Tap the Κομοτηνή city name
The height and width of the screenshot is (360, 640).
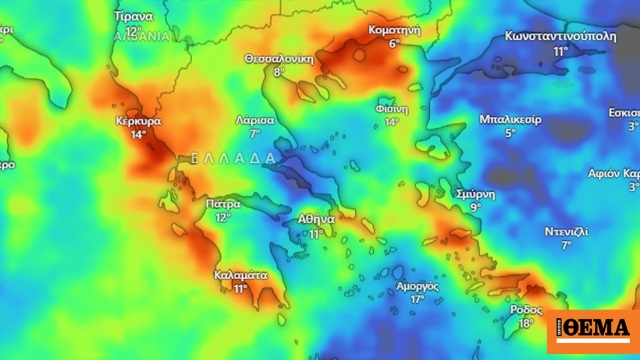394,30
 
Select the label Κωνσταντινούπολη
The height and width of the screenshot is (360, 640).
560,35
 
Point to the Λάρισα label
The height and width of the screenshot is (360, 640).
255,119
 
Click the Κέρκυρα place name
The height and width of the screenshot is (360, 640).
138,121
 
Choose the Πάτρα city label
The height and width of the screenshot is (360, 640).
223,203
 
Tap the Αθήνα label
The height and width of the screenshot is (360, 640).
316,219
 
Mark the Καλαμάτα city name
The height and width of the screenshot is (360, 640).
241,274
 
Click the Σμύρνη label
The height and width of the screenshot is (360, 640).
475,193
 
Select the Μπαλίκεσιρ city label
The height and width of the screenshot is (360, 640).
510,119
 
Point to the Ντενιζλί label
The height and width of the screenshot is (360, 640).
566,231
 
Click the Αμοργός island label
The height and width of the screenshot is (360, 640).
418,285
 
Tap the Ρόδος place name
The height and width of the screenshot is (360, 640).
526,309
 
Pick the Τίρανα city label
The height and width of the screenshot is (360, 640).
133,17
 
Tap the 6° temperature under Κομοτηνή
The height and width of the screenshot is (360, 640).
394,44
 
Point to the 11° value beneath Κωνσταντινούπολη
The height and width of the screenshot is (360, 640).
560,50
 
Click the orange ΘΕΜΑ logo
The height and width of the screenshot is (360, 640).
593,329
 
